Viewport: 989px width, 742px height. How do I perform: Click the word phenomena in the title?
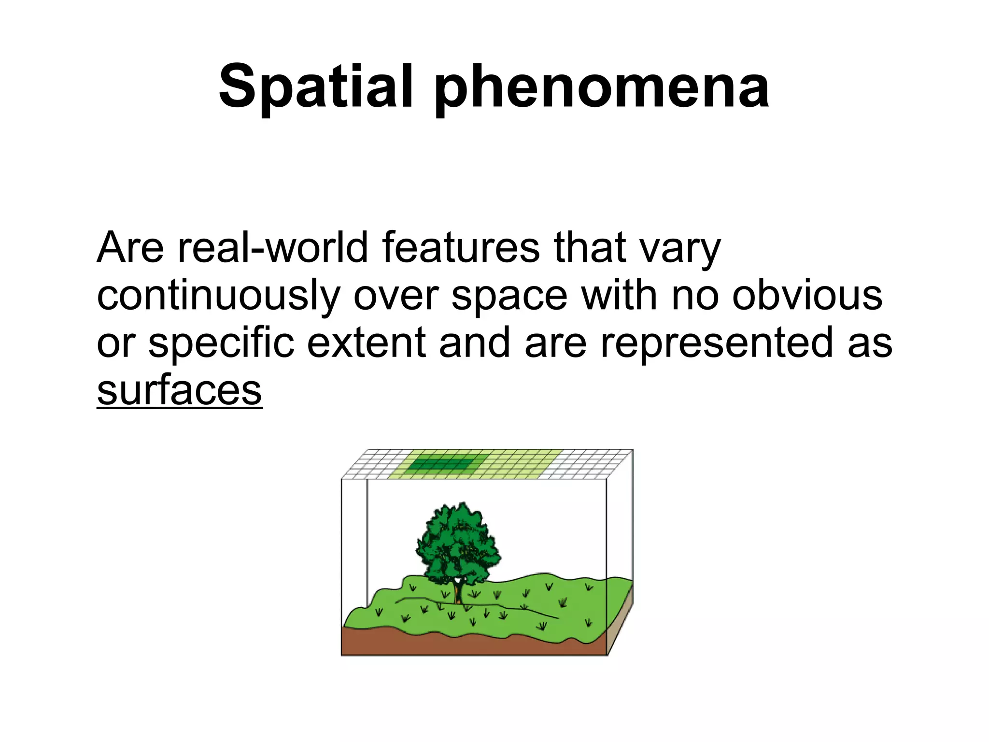(601, 89)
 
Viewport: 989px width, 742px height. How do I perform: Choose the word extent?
(367, 343)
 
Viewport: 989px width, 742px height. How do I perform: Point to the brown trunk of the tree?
(457, 594)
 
